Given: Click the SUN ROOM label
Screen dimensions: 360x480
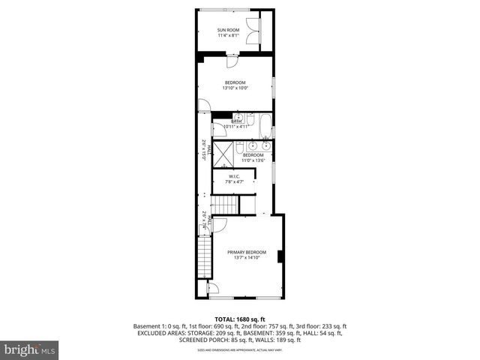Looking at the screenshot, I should click(x=227, y=31).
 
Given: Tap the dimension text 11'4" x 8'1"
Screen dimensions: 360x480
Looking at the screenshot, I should click(x=227, y=37).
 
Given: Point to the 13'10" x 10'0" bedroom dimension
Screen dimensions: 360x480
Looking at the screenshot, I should click(x=235, y=88).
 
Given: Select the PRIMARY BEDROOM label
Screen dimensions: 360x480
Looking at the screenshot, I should click(x=247, y=252).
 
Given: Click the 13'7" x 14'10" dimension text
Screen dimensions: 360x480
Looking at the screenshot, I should click(x=247, y=258).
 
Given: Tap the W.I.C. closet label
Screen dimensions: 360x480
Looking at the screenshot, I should click(x=235, y=176).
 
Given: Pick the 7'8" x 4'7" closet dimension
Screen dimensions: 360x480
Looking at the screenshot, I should click(x=235, y=182).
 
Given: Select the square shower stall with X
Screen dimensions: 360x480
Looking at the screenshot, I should click(x=223, y=154).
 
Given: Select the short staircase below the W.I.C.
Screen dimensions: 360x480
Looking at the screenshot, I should click(x=225, y=205).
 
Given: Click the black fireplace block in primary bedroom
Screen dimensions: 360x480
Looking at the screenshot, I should click(x=280, y=257).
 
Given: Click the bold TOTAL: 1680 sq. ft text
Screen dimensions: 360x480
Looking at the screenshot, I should click(x=239, y=319).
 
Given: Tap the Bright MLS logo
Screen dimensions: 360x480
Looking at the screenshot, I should click(x=30, y=349).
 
